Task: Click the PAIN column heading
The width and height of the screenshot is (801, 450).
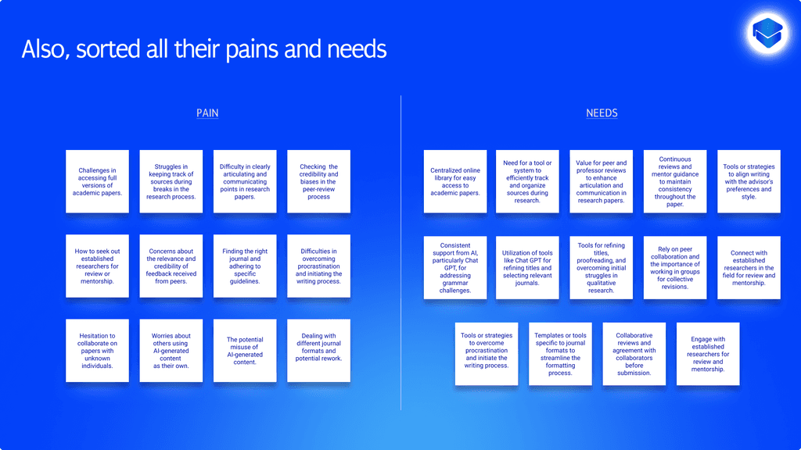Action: click(207, 113)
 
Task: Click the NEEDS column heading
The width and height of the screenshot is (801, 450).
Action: click(602, 113)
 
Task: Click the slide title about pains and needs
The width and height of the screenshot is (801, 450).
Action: click(204, 49)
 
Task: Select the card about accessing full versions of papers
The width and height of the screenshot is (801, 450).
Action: click(97, 181)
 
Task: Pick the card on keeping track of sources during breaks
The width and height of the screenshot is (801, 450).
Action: click(171, 181)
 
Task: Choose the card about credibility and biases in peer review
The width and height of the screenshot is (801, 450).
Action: click(318, 181)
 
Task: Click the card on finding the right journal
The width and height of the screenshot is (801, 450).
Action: click(245, 266)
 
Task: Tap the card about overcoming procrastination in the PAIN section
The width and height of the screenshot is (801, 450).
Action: click(318, 266)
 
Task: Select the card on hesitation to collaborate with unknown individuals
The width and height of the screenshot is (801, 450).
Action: click(97, 351)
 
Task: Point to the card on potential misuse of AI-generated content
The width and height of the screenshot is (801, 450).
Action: click(245, 351)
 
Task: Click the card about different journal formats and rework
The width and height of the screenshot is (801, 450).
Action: click(318, 351)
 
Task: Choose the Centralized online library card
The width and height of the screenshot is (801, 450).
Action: click(455, 181)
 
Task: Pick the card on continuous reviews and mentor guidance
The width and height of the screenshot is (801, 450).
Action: click(675, 181)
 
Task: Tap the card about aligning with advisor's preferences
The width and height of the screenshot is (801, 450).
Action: click(749, 181)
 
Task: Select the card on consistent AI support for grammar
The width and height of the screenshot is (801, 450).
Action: click(455, 267)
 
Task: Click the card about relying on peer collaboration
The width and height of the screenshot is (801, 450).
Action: click(675, 267)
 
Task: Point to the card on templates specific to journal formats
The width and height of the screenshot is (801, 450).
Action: click(560, 354)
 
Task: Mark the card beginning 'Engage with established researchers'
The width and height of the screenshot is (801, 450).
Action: click(708, 354)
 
